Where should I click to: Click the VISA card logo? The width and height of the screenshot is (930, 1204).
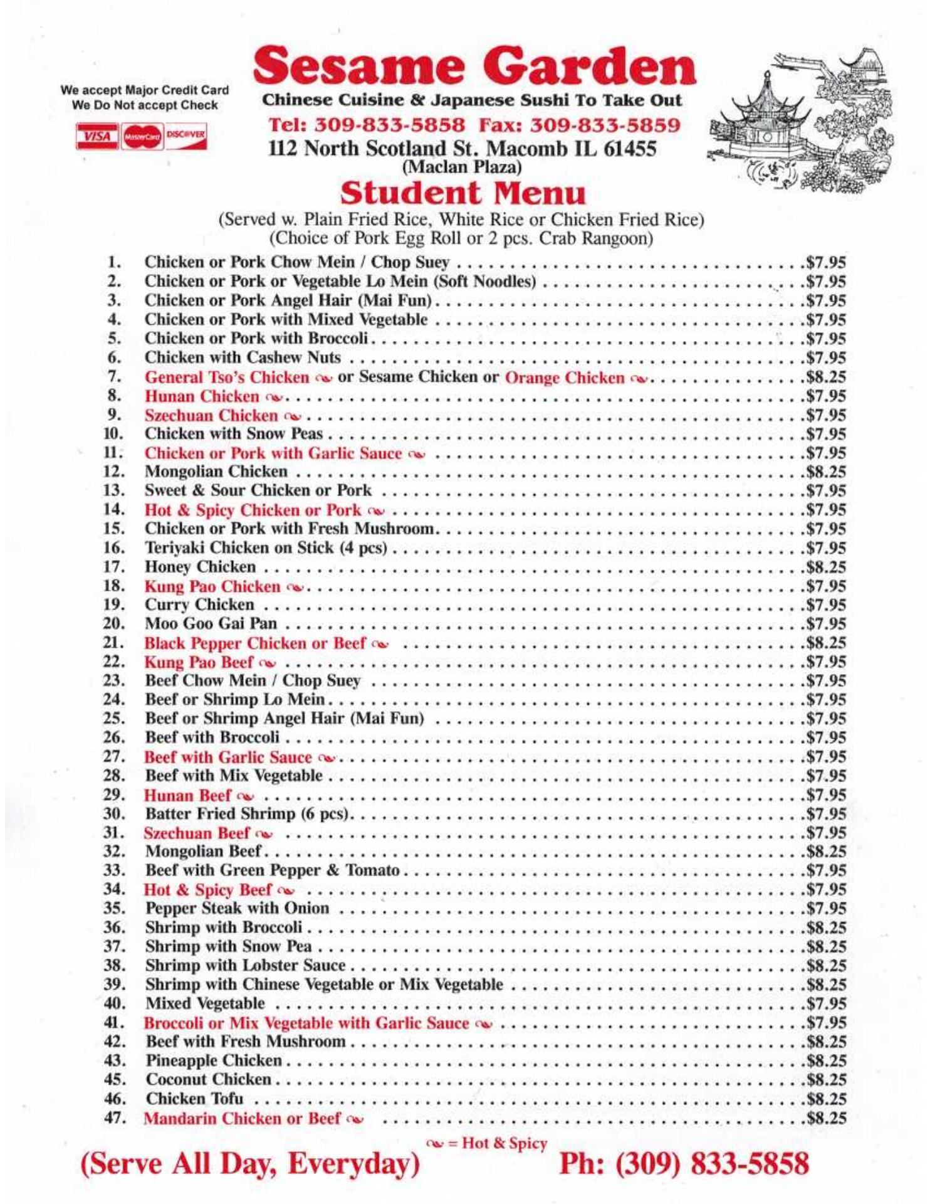pyautogui.click(x=97, y=137)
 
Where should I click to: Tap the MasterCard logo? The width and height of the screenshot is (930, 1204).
pyautogui.click(x=142, y=137)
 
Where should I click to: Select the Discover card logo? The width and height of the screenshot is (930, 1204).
pyautogui.click(x=186, y=135)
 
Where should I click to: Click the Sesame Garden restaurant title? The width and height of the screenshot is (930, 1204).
pyautogui.click(x=474, y=67)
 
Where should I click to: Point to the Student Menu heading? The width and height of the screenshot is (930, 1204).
pyautogui.click(x=462, y=193)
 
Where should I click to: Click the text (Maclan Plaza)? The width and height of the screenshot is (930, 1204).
pyautogui.click(x=462, y=167)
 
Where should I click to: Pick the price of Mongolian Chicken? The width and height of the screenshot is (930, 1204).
pyautogui.click(x=826, y=472)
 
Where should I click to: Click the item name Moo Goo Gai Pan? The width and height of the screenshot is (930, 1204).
pyautogui.click(x=211, y=624)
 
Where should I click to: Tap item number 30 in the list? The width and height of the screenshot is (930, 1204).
pyautogui.click(x=113, y=814)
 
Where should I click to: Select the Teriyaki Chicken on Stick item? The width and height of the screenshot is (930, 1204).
pyautogui.click(x=266, y=548)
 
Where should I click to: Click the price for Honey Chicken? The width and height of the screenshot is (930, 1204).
pyautogui.click(x=826, y=568)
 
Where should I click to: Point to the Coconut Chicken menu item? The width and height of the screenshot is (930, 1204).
pyautogui.click(x=209, y=1080)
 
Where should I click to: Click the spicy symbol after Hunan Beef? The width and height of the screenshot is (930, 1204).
pyautogui.click(x=246, y=797)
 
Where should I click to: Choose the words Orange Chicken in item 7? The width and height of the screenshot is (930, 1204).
pyautogui.click(x=565, y=378)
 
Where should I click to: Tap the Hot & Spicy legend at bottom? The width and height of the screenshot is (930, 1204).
pyautogui.click(x=486, y=1144)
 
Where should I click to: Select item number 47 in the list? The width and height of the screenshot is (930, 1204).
pyautogui.click(x=113, y=1118)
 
